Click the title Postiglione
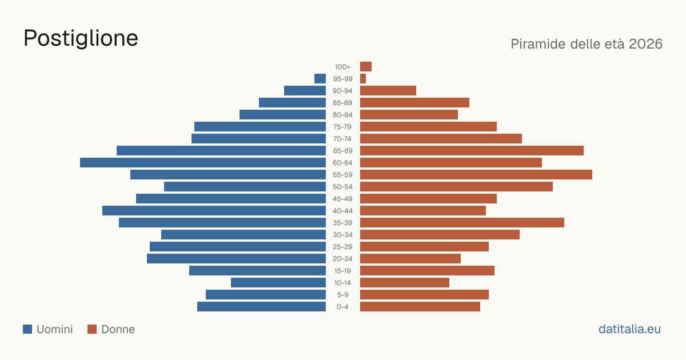[x=81, y=39]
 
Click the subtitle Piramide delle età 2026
[x=587, y=44]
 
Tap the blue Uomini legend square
[x=27, y=329]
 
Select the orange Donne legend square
[x=92, y=329]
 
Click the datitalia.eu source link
[x=629, y=329]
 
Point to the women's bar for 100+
[x=366, y=67]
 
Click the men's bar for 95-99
[x=320, y=79]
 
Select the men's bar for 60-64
[x=203, y=162]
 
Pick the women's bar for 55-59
[x=476, y=174]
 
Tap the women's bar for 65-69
[x=472, y=151]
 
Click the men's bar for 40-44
[x=214, y=211]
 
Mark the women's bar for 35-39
[x=462, y=222]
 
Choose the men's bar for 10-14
[x=278, y=282]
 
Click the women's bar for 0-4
[x=420, y=307]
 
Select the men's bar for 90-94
[x=305, y=91]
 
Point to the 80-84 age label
[x=342, y=115]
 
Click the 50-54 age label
[x=342, y=187]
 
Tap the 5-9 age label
[x=342, y=295]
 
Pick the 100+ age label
[x=342, y=67]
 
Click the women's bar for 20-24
[x=410, y=259]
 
